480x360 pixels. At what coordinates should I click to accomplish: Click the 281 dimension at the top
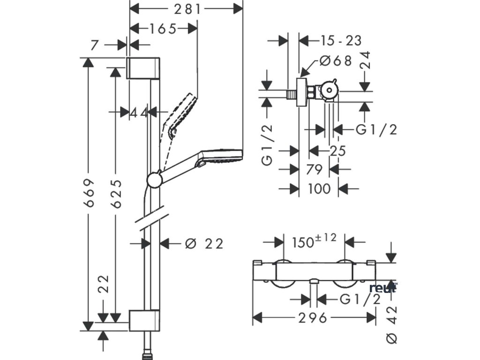[187, 9]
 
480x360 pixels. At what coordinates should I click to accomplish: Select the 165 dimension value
[163, 29]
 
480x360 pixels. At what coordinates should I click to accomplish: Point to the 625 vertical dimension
[116, 194]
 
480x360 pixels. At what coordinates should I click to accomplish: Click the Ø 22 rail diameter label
[204, 244]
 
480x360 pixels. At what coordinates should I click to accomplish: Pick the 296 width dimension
[313, 318]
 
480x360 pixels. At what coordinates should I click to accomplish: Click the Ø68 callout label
[336, 61]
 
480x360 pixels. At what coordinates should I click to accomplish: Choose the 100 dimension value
[319, 189]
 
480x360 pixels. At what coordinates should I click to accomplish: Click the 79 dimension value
[315, 169]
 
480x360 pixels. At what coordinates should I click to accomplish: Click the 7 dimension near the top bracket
[95, 45]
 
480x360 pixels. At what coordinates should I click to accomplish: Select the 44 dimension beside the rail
[139, 113]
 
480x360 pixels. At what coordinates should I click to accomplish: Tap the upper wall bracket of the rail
[143, 67]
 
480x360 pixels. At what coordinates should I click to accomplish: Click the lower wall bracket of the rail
[144, 321]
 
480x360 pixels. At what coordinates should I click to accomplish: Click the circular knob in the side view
[329, 90]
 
